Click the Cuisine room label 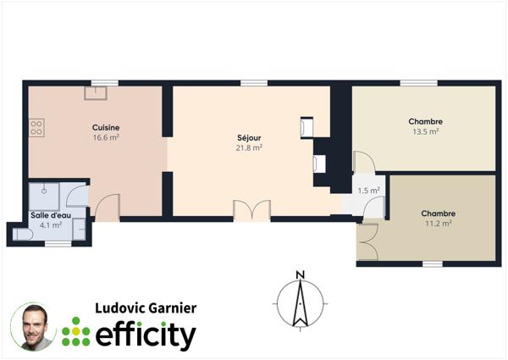106,128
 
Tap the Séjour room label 249,137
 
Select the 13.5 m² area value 425,131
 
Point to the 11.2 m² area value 438,224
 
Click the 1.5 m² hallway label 368,191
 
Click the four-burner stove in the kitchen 36,128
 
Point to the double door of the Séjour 251,209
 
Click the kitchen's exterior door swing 108,208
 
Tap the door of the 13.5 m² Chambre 362,163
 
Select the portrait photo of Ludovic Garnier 34,326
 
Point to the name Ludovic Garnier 145,308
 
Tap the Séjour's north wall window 252,82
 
